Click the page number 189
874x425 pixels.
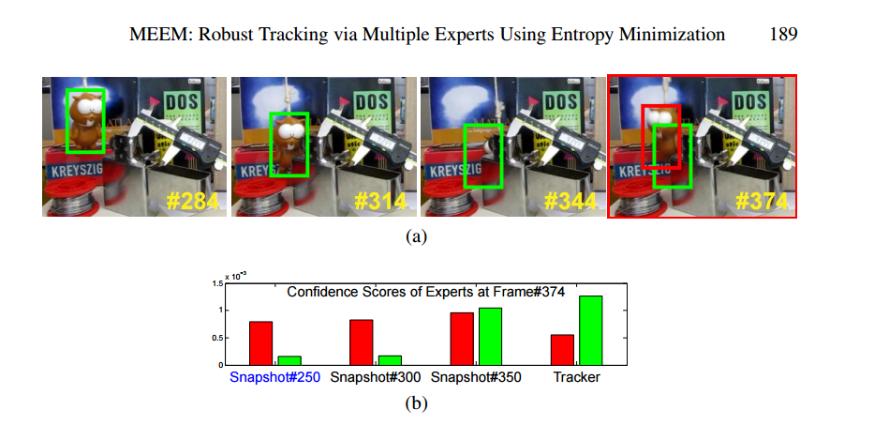tap(783, 36)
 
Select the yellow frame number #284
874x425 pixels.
tap(194, 201)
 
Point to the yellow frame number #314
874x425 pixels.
tap(382, 201)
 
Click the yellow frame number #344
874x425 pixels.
tap(571, 201)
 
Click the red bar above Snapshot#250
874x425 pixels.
tap(261, 343)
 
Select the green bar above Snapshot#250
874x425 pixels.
tap(289, 360)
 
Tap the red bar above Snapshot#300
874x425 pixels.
tap(362, 342)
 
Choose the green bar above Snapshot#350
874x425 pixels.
tap(491, 336)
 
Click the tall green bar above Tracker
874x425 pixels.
tap(591, 330)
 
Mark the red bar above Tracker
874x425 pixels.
tap(562, 350)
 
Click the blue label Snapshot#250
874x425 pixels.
tap(274, 377)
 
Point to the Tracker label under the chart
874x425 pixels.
tap(576, 377)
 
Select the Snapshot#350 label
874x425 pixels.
tap(476, 377)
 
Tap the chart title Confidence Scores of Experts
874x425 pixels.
tap(425, 292)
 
